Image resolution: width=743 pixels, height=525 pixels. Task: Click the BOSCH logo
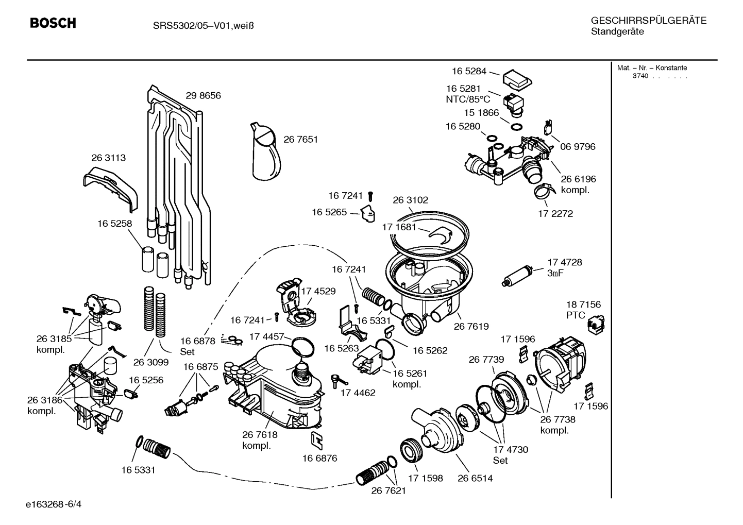pyautogui.click(x=53, y=23)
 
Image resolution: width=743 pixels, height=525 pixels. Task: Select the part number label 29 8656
pyautogui.click(x=203, y=96)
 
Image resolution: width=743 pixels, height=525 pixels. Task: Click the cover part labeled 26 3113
pyautogui.click(x=111, y=187)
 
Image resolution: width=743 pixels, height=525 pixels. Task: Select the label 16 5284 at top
pyautogui.click(x=469, y=72)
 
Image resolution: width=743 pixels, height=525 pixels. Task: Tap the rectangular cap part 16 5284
pyautogui.click(x=517, y=79)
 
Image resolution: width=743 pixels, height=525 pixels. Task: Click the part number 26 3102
pyautogui.click(x=410, y=200)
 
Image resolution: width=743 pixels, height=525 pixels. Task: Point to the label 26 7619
pyautogui.click(x=471, y=327)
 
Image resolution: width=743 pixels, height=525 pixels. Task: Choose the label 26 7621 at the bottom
pyautogui.click(x=389, y=491)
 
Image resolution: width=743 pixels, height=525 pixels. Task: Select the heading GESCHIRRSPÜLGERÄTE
pyautogui.click(x=648, y=21)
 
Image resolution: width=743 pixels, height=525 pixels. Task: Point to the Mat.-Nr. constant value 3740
pyautogui.click(x=640, y=76)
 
